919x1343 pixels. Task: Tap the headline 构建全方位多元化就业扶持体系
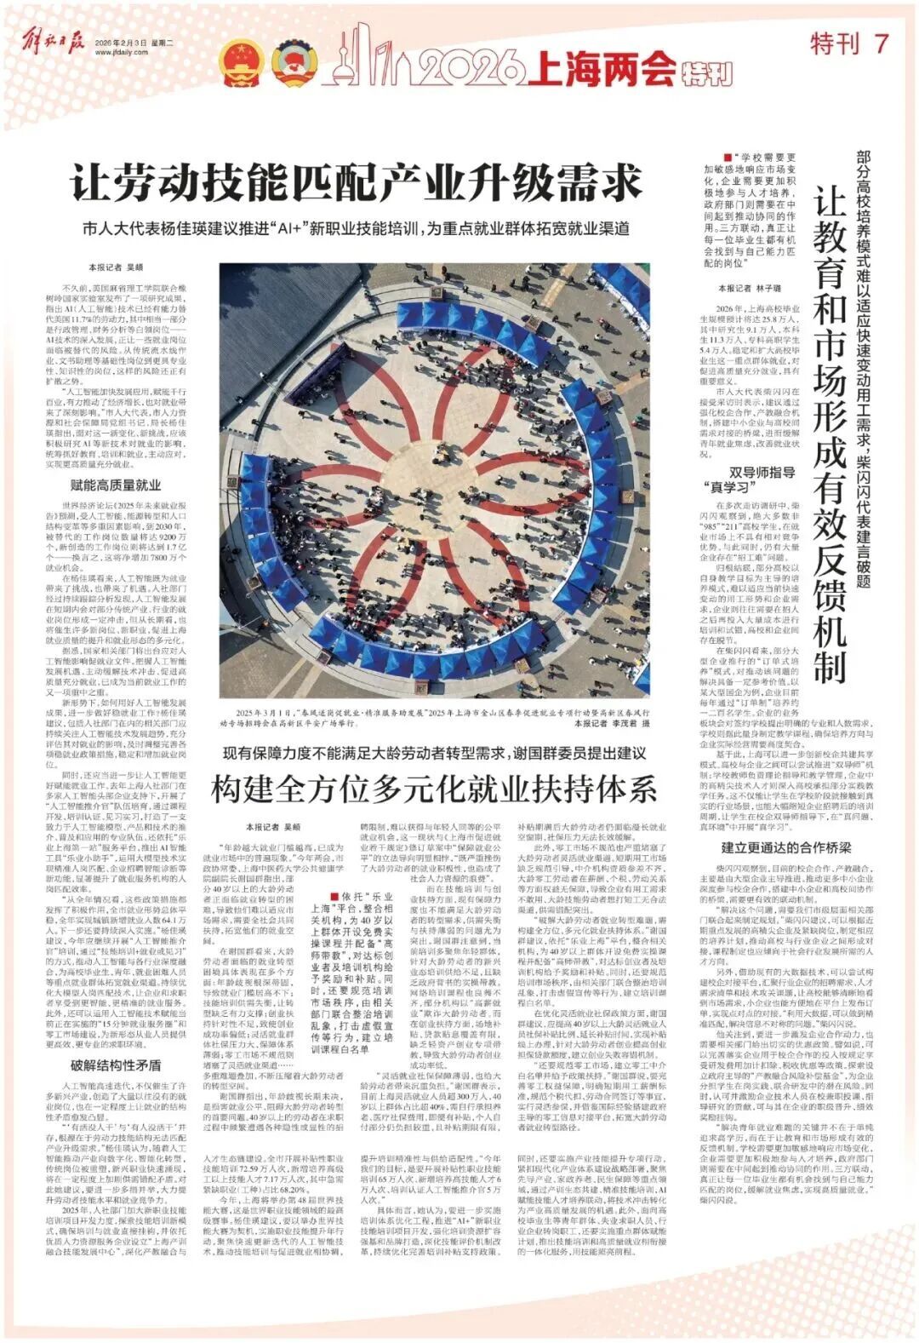tap(434, 789)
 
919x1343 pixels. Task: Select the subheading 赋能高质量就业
tap(115, 485)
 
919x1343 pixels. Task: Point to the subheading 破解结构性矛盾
tap(115, 1065)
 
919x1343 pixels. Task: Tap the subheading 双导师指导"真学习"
tap(749, 479)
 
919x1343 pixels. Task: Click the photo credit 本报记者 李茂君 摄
tap(611, 723)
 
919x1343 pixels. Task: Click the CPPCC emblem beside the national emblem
tap(292, 61)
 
